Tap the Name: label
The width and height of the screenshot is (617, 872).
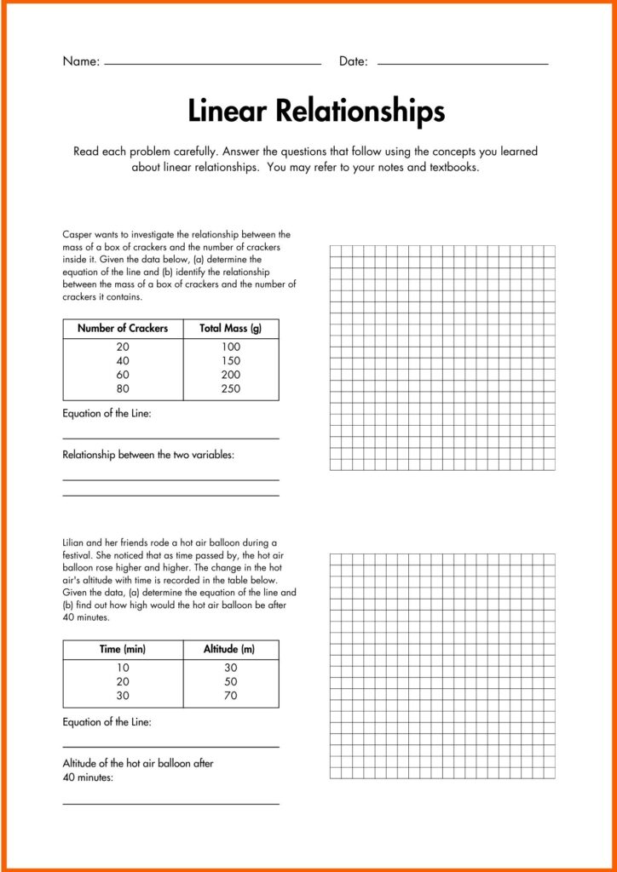(x=81, y=61)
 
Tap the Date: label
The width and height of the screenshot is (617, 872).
(x=353, y=61)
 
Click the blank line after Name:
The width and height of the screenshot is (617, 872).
(x=212, y=64)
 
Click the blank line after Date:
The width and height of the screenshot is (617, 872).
(x=462, y=64)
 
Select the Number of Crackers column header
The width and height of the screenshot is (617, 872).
(x=123, y=328)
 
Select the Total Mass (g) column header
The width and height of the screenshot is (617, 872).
(x=230, y=328)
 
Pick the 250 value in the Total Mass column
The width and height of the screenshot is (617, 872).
(x=230, y=388)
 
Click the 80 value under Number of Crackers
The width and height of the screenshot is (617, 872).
(x=123, y=388)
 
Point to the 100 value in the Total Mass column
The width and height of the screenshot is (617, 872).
(x=230, y=347)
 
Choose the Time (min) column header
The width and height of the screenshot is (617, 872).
(x=123, y=649)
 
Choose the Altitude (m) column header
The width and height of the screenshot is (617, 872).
(x=229, y=649)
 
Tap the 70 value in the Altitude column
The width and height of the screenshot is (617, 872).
(x=230, y=696)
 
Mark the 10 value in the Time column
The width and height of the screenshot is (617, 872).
(x=123, y=668)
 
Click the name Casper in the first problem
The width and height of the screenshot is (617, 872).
(x=78, y=234)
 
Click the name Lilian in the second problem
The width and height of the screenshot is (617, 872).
(x=75, y=542)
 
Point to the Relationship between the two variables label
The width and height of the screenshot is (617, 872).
(x=148, y=455)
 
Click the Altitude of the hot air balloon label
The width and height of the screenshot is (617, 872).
(x=138, y=764)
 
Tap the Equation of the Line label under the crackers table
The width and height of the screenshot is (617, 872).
(x=107, y=414)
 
